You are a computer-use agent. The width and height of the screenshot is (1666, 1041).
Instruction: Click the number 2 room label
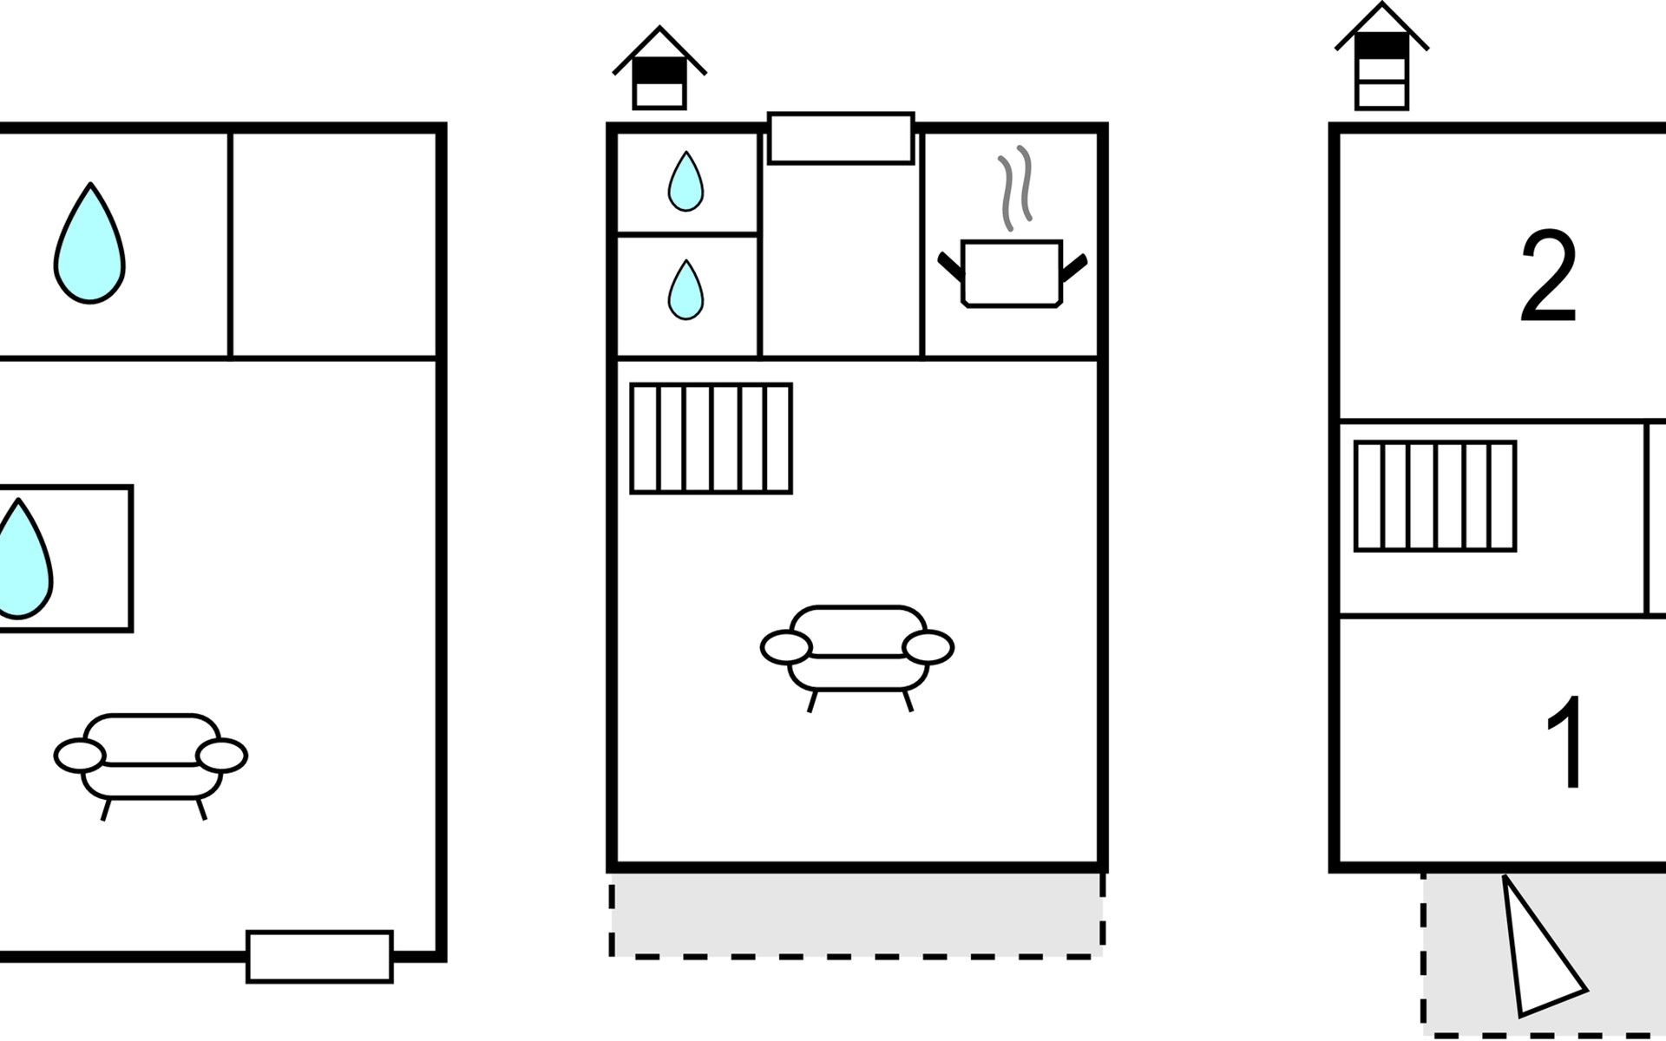click(x=1548, y=277)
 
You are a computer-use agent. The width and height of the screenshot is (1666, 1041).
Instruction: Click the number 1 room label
click(x=1565, y=742)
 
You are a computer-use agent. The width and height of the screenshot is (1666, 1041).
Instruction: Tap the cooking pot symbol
click(x=1012, y=273)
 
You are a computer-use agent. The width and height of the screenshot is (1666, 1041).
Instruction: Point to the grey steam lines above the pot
click(x=1014, y=188)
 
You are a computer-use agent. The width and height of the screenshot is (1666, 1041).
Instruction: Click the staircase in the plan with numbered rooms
click(x=1435, y=496)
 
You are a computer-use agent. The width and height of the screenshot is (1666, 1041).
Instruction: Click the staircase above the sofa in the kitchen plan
click(x=711, y=438)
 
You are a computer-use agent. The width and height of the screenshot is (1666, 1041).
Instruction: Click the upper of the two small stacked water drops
click(x=685, y=181)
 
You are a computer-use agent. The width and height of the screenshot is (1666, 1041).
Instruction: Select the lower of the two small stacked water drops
click(x=685, y=290)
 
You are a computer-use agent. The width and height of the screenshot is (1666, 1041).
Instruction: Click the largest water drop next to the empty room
click(x=89, y=243)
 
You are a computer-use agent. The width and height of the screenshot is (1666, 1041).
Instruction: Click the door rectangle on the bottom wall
click(x=319, y=956)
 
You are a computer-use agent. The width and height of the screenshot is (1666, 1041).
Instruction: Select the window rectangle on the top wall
click(x=841, y=138)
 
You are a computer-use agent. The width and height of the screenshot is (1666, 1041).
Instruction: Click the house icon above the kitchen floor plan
click(x=659, y=68)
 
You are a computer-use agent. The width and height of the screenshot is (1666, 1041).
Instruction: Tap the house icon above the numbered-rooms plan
click(x=1381, y=56)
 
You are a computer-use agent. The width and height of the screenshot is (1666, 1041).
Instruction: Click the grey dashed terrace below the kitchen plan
click(x=857, y=914)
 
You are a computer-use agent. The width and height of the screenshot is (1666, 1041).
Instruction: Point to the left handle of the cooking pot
click(x=951, y=265)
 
